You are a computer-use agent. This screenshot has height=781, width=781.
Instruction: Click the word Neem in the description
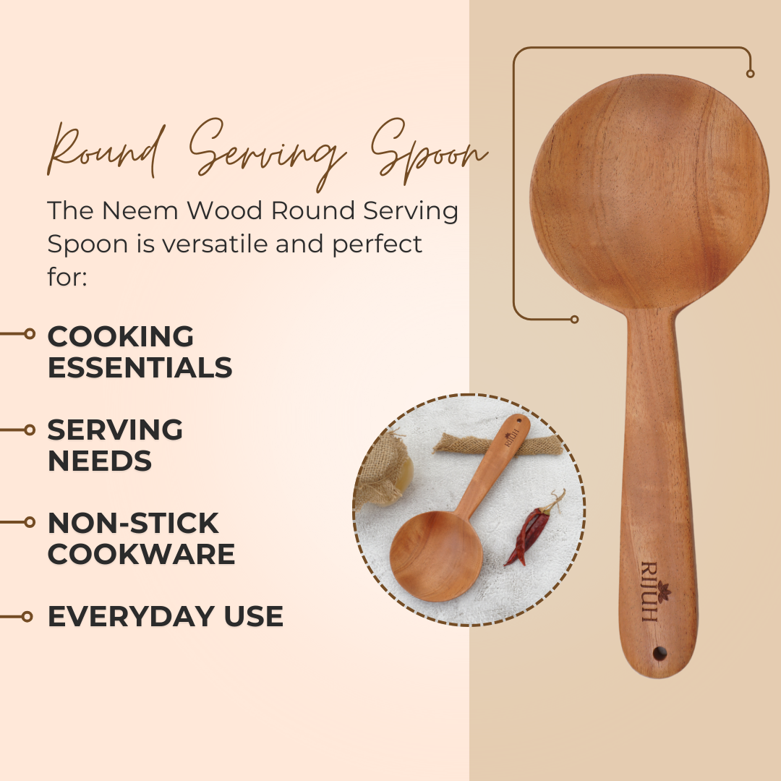(140, 210)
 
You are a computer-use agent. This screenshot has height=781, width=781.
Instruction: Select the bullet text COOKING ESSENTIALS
(140, 351)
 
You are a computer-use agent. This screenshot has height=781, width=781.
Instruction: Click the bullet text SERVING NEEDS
(115, 445)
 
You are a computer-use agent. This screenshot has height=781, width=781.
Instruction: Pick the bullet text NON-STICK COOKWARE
(141, 539)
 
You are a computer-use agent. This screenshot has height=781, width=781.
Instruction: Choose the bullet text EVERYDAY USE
(166, 617)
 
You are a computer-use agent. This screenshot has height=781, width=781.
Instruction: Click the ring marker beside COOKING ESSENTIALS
(30, 333)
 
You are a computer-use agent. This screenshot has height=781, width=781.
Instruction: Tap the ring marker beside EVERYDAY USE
(27, 617)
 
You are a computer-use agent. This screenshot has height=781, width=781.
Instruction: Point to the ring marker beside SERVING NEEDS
(30, 430)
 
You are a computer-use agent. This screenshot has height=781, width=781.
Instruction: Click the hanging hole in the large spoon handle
(660, 653)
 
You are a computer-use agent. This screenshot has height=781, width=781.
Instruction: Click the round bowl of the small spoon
(436, 556)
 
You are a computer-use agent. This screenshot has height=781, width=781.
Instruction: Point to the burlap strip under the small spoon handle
(498, 444)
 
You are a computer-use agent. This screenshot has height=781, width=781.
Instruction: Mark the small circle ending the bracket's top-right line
(750, 74)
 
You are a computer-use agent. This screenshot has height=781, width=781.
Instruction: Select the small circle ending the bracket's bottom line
(574, 320)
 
